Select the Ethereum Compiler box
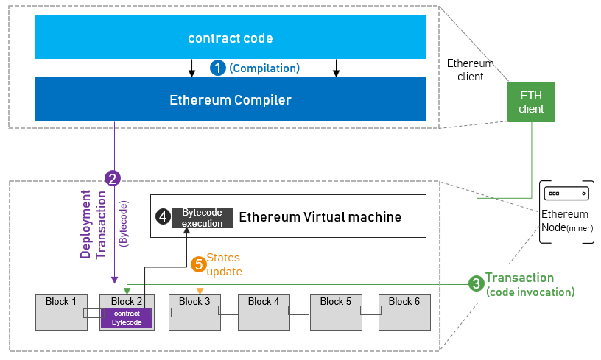click(231, 100)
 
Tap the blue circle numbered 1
click(218, 68)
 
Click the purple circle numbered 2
click(113, 178)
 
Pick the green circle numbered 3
click(477, 283)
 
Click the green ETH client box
click(531, 102)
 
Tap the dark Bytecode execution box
click(203, 217)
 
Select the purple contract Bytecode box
click(127, 318)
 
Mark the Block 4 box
click(264, 311)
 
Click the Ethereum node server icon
click(566, 192)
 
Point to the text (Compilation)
click(264, 68)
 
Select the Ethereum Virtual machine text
click(320, 216)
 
